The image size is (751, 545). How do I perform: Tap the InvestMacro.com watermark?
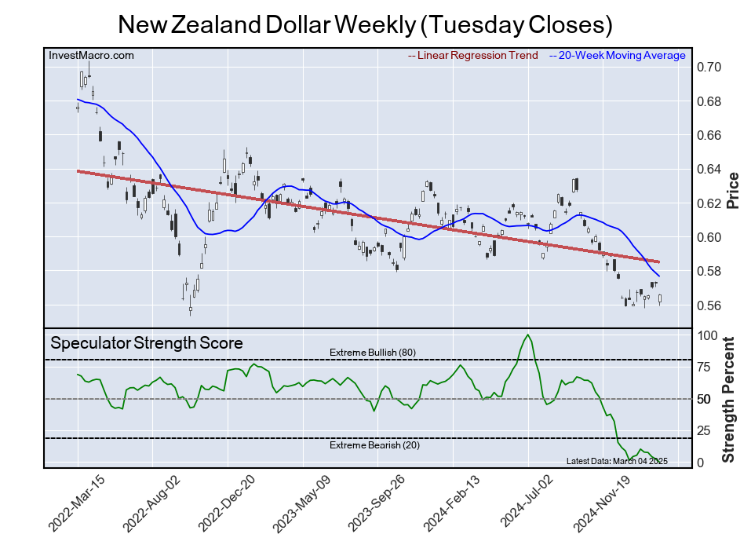[91, 55]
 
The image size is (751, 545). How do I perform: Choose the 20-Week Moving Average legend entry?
[620, 55]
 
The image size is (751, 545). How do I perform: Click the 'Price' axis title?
[733, 190]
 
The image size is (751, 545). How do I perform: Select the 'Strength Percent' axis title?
[729, 399]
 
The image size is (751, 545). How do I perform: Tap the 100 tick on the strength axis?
[708, 335]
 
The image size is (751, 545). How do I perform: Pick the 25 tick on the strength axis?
[705, 430]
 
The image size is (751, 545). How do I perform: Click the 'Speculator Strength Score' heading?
[147, 343]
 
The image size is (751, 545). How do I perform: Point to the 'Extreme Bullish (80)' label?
[372, 353]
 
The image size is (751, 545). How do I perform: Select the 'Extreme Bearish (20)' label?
[374, 446]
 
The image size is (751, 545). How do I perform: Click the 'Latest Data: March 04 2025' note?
[616, 461]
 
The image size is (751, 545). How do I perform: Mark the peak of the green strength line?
[527, 335]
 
